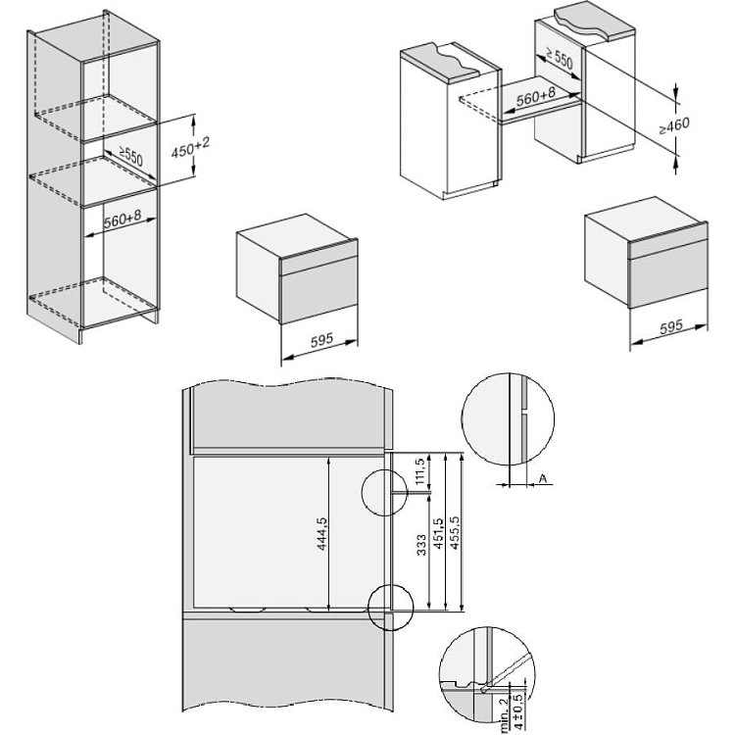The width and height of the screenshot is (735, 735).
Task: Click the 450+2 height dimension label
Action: pos(190,148)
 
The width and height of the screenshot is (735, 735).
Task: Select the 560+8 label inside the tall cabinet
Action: pos(122,219)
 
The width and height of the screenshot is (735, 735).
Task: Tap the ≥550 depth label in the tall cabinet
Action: pos(130,156)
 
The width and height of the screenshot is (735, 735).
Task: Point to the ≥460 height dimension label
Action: pos(674,125)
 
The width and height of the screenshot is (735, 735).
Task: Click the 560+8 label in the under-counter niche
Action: pos(535,97)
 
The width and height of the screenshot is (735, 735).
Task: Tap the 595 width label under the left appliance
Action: pos(321,339)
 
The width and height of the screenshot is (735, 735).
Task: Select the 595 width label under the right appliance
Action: pos(671,326)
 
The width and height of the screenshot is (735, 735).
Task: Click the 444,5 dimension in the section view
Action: pos(322,532)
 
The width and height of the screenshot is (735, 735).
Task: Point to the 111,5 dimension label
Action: pos(420,471)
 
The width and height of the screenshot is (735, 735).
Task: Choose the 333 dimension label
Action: pos(421,545)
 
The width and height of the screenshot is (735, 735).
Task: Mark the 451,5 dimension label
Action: pos(438,534)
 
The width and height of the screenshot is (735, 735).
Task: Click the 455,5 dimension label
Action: pos(454,532)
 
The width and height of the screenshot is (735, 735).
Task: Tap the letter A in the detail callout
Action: pos(543,478)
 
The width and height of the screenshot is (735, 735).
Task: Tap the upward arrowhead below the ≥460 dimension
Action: pos(675,162)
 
